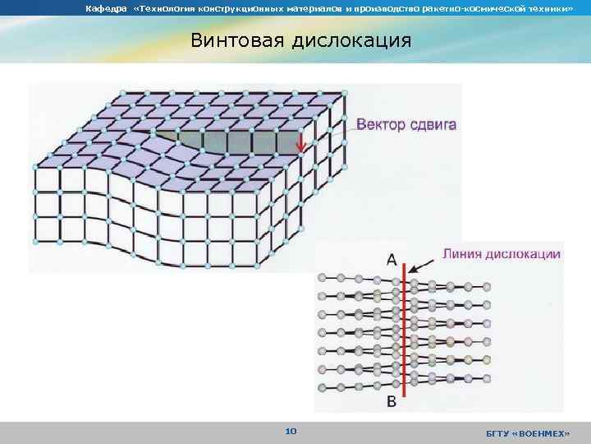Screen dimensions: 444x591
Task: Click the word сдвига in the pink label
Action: click(432, 126)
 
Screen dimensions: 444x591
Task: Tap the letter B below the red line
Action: click(392, 402)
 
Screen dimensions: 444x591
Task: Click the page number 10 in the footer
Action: click(291, 431)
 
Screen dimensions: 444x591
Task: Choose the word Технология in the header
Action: click(168, 8)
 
